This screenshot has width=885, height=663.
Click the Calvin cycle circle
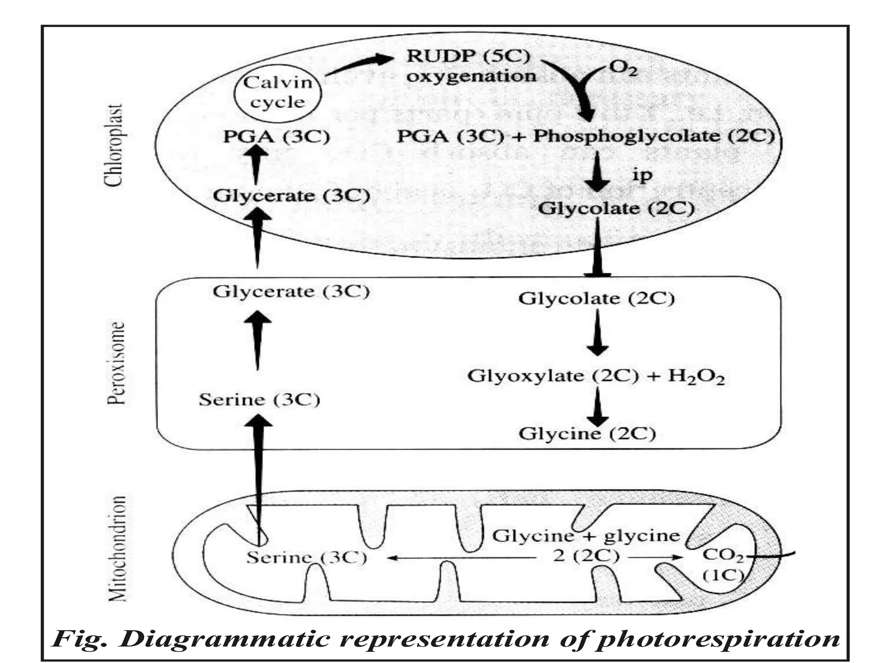coord(278,93)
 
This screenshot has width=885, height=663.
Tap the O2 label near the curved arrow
coord(623,69)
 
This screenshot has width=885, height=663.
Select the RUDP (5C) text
coord(468,57)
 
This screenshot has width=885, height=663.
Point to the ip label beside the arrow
coord(642,175)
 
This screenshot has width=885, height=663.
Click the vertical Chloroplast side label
coord(115,145)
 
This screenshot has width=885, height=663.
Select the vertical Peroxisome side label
coord(116,363)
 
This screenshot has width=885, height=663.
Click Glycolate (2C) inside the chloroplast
coord(616,208)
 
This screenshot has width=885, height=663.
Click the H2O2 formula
coord(696,376)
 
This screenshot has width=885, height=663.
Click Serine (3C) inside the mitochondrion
coord(306,558)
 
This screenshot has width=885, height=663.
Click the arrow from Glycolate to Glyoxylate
coord(597,332)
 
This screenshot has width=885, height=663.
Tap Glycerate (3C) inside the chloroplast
coord(291,196)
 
